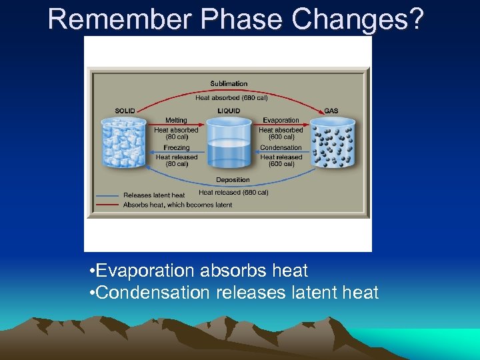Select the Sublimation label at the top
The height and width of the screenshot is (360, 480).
click(229, 84)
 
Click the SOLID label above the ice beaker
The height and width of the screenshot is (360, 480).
click(125, 111)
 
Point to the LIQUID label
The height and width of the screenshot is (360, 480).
click(229, 111)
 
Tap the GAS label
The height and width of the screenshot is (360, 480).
click(331, 111)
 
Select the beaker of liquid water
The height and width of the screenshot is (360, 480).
click(229, 143)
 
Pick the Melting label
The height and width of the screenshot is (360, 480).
click(176, 121)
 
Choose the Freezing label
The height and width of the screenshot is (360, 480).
click(176, 147)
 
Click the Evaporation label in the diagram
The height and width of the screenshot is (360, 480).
click(281, 121)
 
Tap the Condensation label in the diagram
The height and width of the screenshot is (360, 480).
click(281, 147)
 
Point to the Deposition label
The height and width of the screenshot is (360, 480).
click(233, 180)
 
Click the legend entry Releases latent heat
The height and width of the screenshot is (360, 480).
click(153, 195)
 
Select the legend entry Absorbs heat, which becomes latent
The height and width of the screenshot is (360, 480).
click(177, 205)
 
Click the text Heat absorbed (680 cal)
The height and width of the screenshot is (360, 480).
click(231, 97)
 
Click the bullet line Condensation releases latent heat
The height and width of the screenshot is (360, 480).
click(233, 292)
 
